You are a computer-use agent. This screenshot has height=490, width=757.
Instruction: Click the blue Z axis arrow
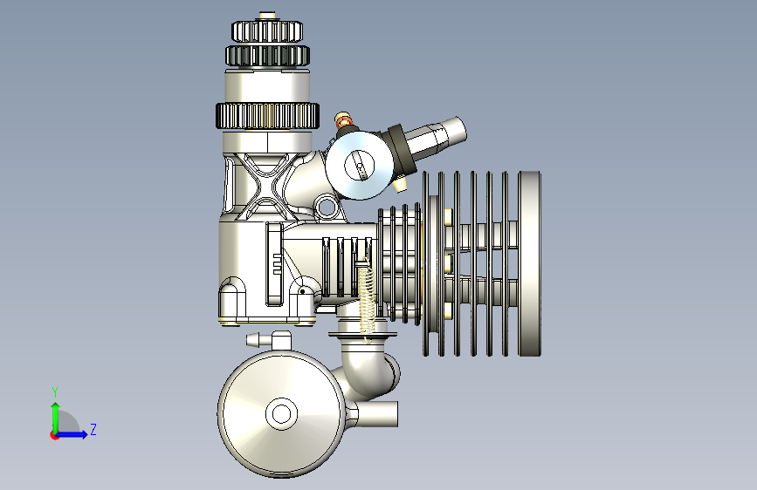coord(72,434)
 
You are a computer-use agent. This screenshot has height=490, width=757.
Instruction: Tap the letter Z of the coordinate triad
coord(93,429)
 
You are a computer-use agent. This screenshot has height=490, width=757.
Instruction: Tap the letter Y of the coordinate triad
coord(55,391)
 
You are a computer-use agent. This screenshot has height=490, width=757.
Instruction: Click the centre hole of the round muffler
coord(281,414)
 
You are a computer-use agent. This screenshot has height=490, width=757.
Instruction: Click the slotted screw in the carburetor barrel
coord(359,165)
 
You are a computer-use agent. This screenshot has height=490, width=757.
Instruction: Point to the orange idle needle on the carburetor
coord(343,120)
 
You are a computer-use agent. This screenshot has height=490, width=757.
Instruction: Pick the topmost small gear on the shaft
coord(267,31)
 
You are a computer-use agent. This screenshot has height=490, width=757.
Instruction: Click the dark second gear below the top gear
coord(267,56)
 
